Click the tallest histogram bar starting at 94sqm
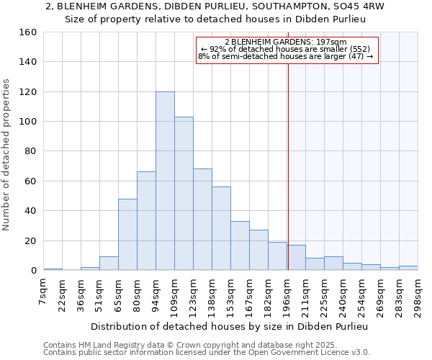[165, 181]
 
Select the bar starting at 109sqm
[184, 194]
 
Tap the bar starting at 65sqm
[127, 234]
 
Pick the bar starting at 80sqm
[146, 221]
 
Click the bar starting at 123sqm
[202, 220]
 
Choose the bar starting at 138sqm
[221, 228]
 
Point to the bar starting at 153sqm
[240, 246]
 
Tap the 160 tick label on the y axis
[28, 32]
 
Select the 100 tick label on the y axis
[28, 122]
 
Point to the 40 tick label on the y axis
[31, 211]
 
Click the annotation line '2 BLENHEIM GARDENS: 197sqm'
[286, 42]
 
